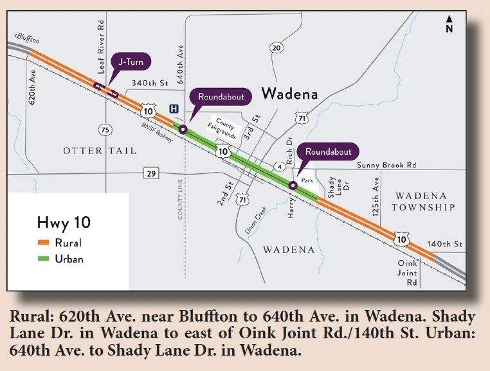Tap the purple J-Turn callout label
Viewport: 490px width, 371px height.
click(x=131, y=62)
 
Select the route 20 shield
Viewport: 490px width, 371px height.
click(x=276, y=48)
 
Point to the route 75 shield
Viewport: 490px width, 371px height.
click(x=105, y=130)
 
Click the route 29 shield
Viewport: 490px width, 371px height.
click(x=152, y=173)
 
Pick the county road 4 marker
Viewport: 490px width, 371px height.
click(x=280, y=167)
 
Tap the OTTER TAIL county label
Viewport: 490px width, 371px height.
click(x=100, y=151)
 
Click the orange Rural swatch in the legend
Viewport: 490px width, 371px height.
click(x=44, y=243)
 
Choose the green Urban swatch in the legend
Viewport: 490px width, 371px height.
click(x=44, y=259)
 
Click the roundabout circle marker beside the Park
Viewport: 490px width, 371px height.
click(x=293, y=185)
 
